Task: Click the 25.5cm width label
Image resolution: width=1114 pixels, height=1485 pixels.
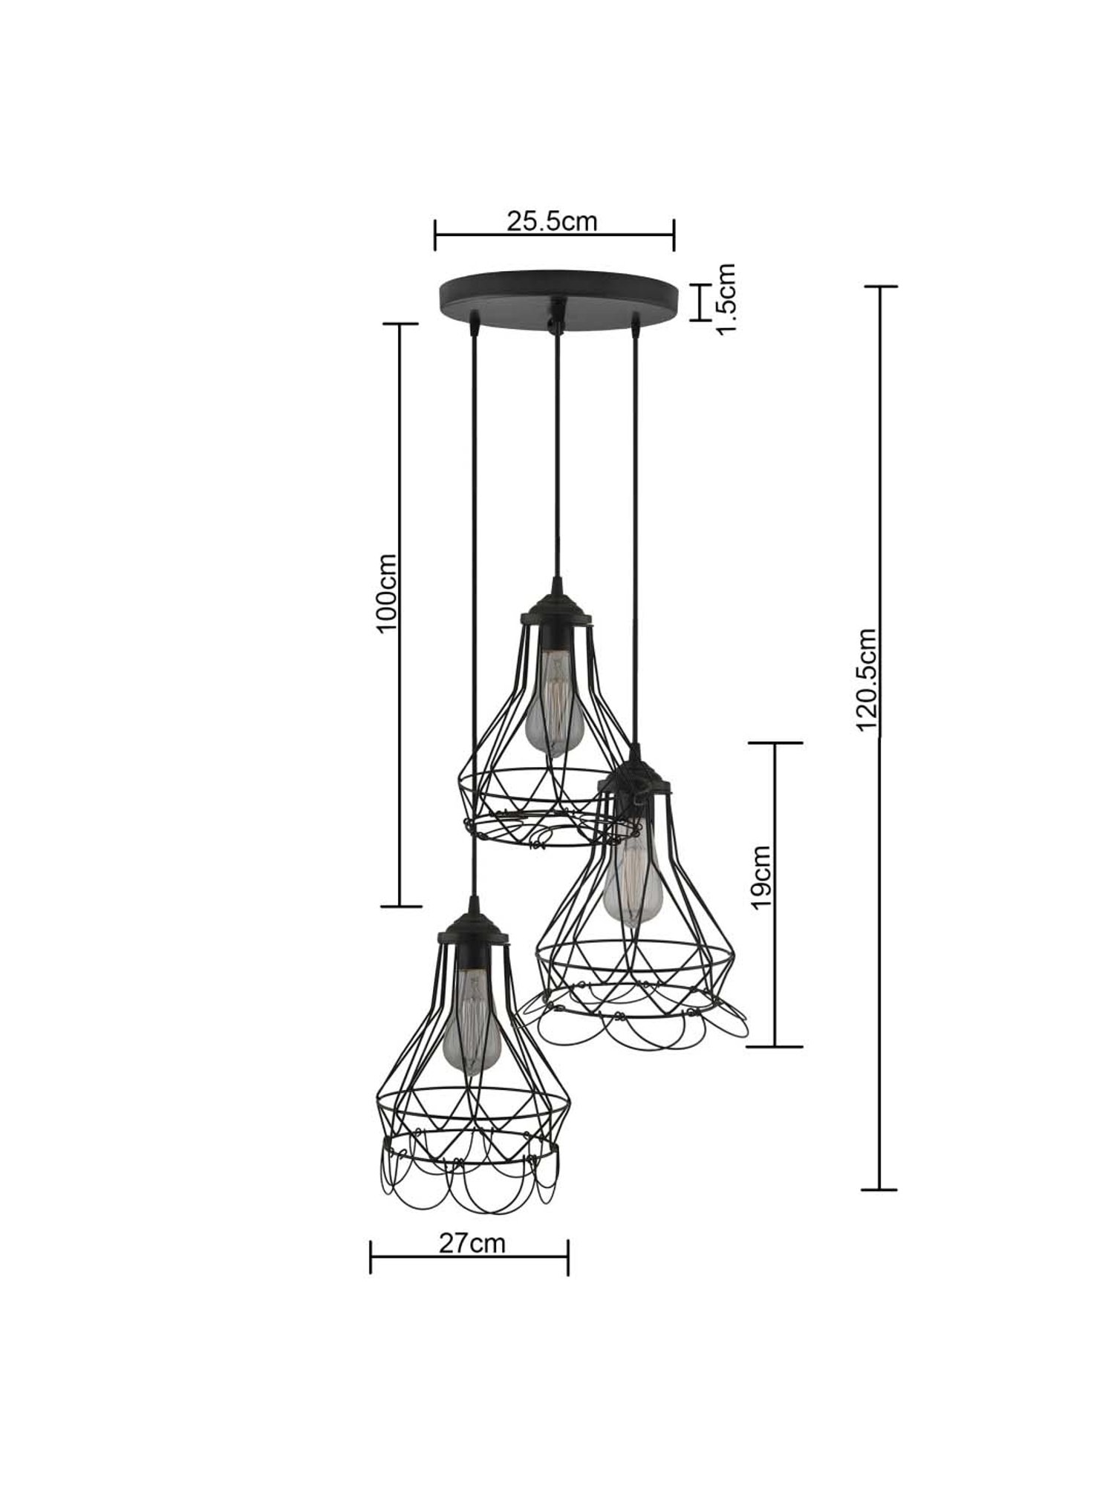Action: pyautogui.click(x=552, y=221)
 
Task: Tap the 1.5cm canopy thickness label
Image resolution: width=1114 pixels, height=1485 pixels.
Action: pyautogui.click(x=726, y=298)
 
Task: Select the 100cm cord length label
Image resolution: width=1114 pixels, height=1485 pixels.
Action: pyautogui.click(x=387, y=592)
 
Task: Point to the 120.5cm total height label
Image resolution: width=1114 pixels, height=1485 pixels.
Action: pyautogui.click(x=867, y=680)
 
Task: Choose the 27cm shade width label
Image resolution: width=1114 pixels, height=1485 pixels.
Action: pyautogui.click(x=471, y=1243)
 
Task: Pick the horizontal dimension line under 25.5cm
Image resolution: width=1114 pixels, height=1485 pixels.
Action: pyautogui.click(x=554, y=235)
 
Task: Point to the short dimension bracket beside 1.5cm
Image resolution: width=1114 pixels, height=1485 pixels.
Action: pyautogui.click(x=698, y=302)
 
